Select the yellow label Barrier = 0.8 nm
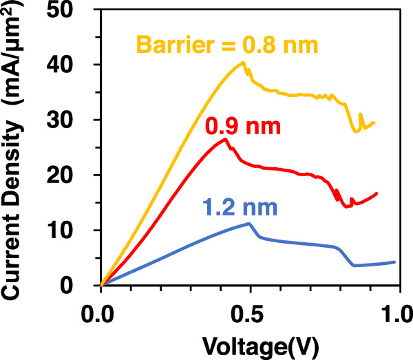point(226,46)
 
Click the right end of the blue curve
point(394,262)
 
